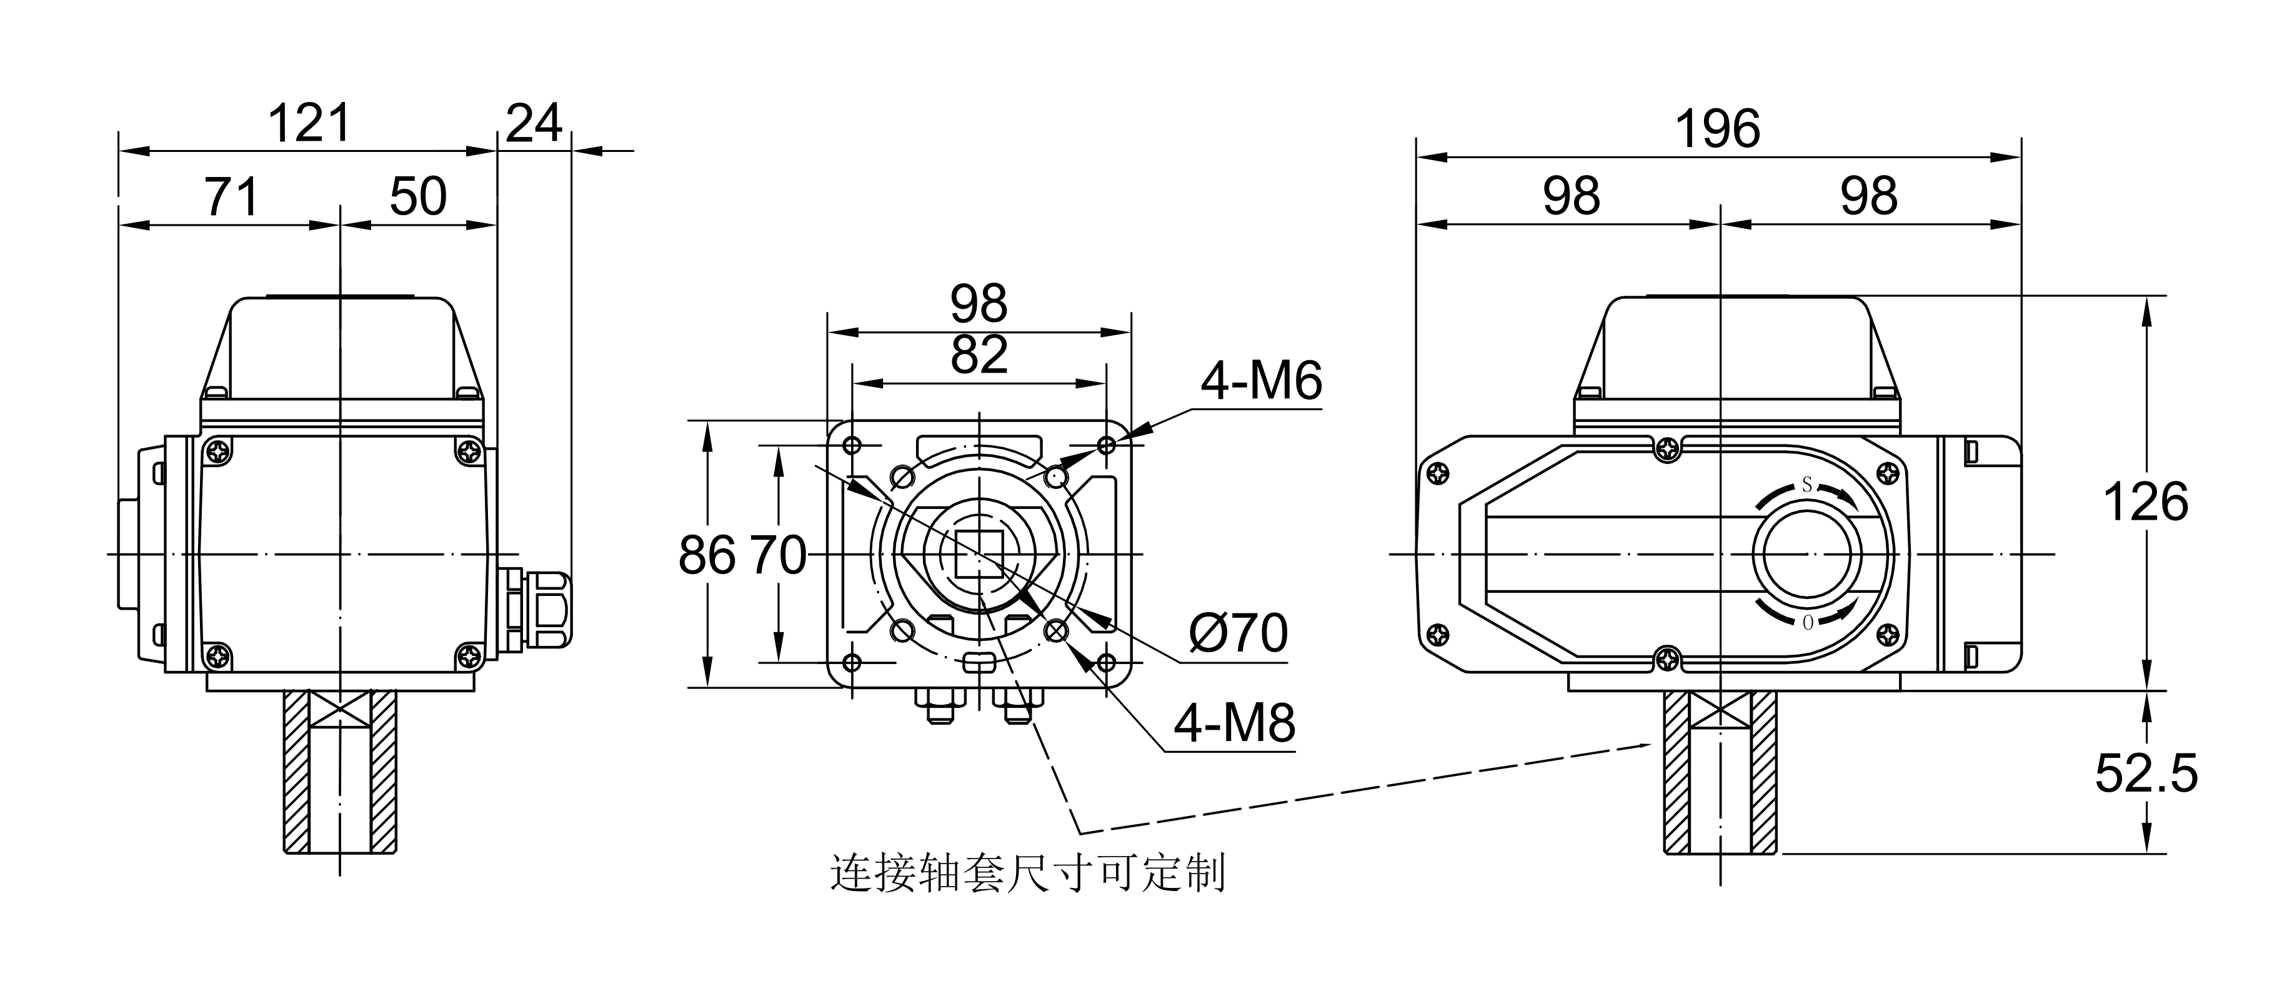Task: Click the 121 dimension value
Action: pyautogui.click(x=309, y=124)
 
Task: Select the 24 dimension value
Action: pyautogui.click(x=534, y=124)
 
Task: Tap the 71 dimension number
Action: pyautogui.click(x=232, y=197)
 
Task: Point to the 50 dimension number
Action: pyautogui.click(x=418, y=197)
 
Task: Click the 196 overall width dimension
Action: pyautogui.click(x=1718, y=130)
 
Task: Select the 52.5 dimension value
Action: pyautogui.click(x=2145, y=773)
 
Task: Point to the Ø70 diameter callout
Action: pyautogui.click(x=1237, y=633)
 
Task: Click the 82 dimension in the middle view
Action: pyautogui.click(x=979, y=355)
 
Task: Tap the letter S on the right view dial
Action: pyautogui.click(x=1806, y=485)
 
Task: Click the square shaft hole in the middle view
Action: pyautogui.click(x=979, y=555)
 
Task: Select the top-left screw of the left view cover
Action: pyautogui.click(x=217, y=453)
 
